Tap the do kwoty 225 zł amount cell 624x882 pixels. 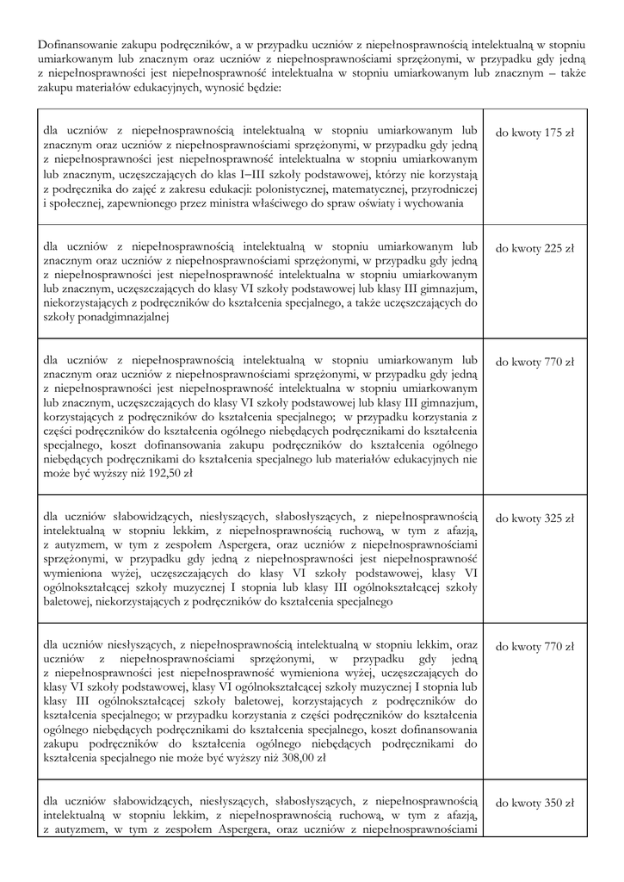tap(534, 249)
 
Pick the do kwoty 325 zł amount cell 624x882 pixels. tap(534, 519)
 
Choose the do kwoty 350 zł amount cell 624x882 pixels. tap(534, 803)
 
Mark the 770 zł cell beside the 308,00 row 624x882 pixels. tap(534, 647)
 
